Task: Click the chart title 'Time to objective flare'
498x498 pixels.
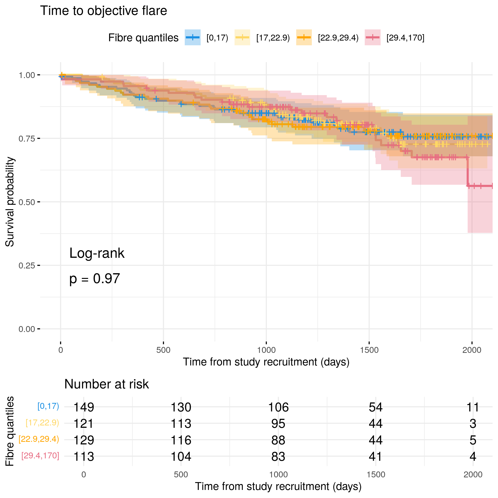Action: pos(103,11)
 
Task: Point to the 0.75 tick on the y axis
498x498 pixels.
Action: pos(39,138)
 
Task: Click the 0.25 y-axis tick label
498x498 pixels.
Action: pos(27,266)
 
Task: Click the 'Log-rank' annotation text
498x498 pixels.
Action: pos(97,253)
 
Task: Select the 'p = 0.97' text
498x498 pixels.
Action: pos(95,279)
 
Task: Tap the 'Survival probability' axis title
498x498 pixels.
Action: pos(10,202)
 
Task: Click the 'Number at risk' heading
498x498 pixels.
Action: pos(106,384)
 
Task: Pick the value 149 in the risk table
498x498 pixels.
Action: pos(83,407)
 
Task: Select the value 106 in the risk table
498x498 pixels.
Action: pos(278,407)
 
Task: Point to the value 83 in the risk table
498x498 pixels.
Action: pos(278,456)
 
